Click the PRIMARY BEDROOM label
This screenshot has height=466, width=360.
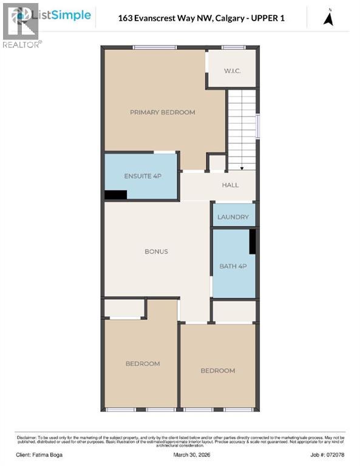click(162, 112)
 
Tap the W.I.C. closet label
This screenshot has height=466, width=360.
click(232, 71)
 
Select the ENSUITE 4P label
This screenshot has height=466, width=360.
click(142, 176)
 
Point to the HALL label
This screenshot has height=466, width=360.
click(230, 185)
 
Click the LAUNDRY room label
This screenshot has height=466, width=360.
click(234, 217)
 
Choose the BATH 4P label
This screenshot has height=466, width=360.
click(233, 266)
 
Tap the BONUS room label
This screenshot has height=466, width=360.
click(156, 251)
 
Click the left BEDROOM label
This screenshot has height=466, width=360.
click(143, 363)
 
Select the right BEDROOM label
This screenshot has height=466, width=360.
click(217, 370)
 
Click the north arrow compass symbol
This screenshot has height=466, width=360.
click(328, 18)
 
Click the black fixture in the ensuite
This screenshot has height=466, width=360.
click(115, 195)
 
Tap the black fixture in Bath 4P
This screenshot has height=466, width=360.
click(253, 241)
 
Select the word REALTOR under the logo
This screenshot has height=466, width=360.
click(21, 45)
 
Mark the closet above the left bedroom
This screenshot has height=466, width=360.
click(124, 308)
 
